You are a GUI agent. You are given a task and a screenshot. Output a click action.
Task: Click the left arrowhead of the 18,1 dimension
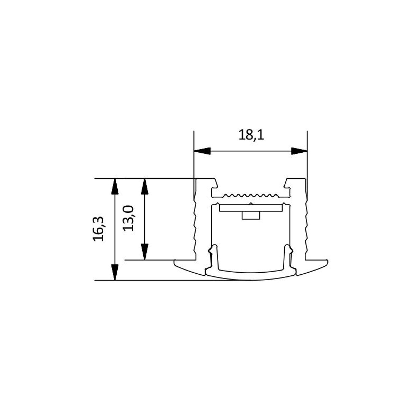(x=202, y=151)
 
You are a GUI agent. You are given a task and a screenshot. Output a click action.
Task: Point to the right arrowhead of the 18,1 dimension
(x=299, y=151)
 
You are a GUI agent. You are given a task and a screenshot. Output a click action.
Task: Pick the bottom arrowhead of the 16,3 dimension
(x=115, y=272)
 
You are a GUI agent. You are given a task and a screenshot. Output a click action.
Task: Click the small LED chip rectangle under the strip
(x=251, y=215)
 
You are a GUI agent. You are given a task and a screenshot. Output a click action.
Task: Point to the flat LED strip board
(x=251, y=208)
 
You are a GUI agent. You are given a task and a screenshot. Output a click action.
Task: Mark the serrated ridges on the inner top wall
(x=251, y=195)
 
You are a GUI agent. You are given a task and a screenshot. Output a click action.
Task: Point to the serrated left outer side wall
(x=195, y=226)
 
